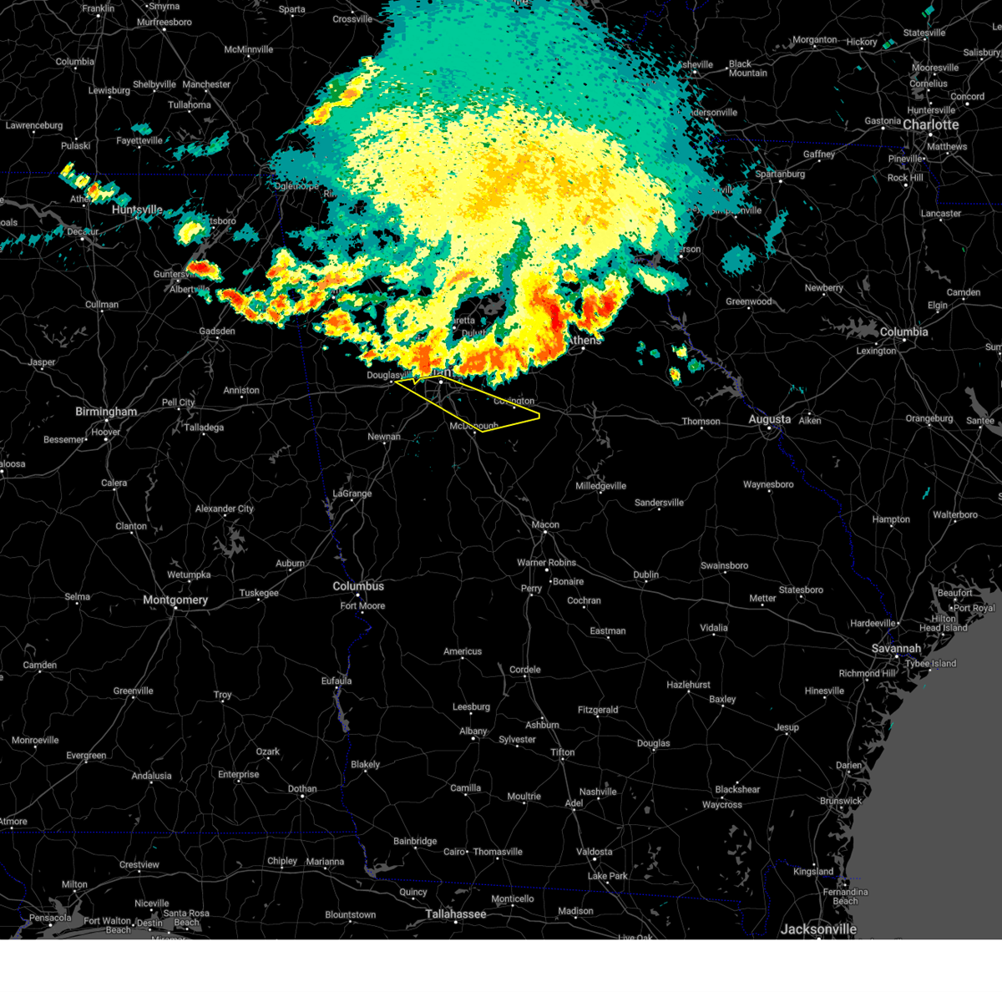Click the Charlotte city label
click(930, 124)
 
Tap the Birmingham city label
click(106, 412)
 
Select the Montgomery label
click(175, 600)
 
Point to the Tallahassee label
click(455, 913)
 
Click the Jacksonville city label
click(818, 929)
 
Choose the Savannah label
click(896, 648)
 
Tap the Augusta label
click(769, 419)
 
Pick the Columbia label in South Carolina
click(903, 331)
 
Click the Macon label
click(545, 524)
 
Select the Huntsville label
click(137, 210)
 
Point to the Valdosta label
click(594, 852)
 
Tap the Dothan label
click(302, 788)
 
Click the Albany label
click(473, 731)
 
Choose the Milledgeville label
click(600, 485)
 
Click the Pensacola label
click(50, 918)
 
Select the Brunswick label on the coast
click(840, 801)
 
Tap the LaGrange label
click(352, 493)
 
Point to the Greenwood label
click(748, 301)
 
